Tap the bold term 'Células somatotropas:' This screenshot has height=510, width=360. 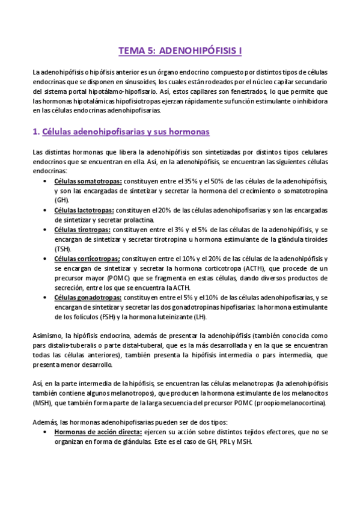click(x=88, y=181)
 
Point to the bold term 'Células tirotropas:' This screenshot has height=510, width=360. click(x=82, y=229)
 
